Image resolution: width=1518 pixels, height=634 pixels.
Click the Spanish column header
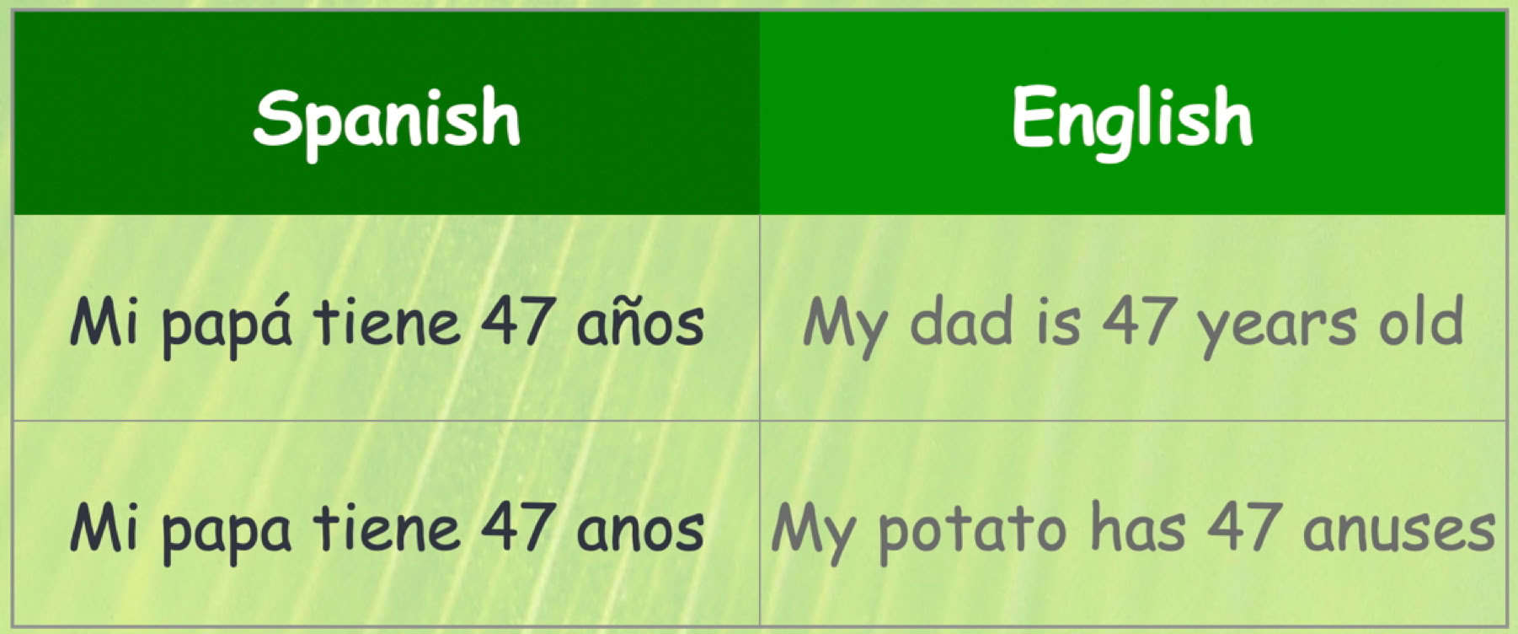[387, 121]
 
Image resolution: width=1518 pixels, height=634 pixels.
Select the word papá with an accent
[227, 325]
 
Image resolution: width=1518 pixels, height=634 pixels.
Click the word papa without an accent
[227, 532]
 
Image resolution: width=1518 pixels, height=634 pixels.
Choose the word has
[1138, 528]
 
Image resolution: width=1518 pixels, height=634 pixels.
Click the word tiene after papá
[387, 321]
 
